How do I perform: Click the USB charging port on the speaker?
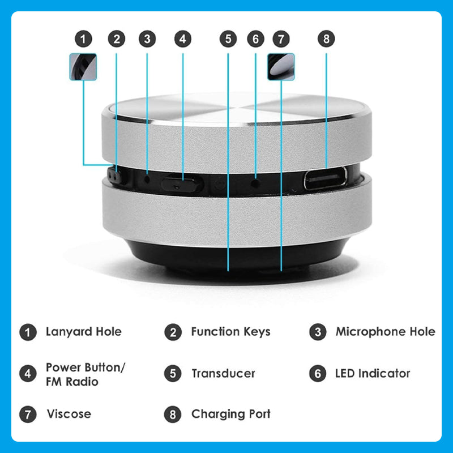click(x=325, y=178)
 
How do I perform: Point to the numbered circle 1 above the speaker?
click(x=83, y=39)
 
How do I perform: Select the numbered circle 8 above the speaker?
click(x=326, y=39)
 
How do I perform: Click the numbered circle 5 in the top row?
click(x=228, y=39)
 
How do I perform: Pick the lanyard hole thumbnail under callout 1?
click(x=83, y=67)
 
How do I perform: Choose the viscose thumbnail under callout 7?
click(x=281, y=67)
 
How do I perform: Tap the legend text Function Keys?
click(x=231, y=332)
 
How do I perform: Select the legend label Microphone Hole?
click(x=386, y=332)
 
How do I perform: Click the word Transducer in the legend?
click(x=223, y=374)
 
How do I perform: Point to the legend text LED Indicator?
click(x=373, y=374)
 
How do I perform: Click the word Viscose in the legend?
click(x=69, y=414)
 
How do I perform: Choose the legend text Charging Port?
click(x=231, y=414)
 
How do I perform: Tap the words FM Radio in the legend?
click(x=72, y=382)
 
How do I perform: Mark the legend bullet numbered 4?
click(x=28, y=374)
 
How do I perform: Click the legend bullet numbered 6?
click(x=318, y=374)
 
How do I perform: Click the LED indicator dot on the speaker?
click(x=255, y=183)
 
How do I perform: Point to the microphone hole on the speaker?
click(x=147, y=180)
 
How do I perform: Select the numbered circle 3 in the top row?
click(x=147, y=39)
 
